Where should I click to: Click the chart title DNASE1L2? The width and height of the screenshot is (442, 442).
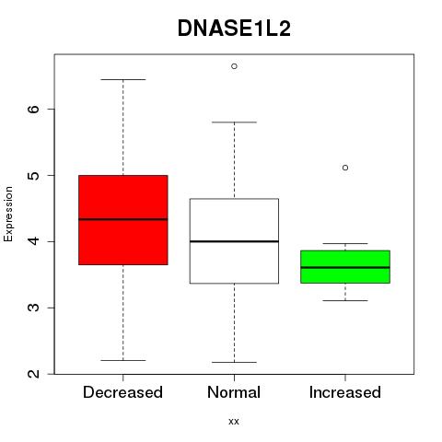click(x=234, y=29)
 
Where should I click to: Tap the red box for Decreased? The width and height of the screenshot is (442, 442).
click(x=123, y=220)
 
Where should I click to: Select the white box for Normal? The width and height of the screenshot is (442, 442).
click(x=234, y=241)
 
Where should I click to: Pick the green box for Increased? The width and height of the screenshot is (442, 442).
click(x=345, y=267)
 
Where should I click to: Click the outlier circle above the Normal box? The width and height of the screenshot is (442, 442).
click(x=234, y=66)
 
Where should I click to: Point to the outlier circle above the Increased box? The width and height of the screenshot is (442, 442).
click(x=345, y=168)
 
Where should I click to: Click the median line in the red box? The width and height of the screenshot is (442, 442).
click(x=123, y=219)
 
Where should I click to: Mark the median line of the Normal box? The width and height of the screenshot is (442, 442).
click(x=234, y=241)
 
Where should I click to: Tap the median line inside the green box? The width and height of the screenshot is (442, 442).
click(x=345, y=267)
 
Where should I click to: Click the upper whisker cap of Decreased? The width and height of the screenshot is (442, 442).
click(x=123, y=79)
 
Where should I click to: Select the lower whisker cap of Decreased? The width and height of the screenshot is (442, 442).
click(x=123, y=360)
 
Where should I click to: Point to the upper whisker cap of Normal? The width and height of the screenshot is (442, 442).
click(x=234, y=122)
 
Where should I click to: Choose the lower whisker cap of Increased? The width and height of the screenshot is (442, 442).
click(x=345, y=300)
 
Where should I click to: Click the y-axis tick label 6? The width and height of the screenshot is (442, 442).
click(x=34, y=109)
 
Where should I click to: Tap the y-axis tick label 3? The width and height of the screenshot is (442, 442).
click(x=34, y=308)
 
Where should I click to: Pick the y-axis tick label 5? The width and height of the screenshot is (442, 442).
click(x=34, y=175)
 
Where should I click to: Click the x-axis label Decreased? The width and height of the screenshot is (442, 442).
click(x=122, y=392)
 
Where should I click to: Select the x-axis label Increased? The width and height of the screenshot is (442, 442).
click(x=345, y=392)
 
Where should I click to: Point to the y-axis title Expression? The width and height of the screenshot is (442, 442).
click(x=8, y=214)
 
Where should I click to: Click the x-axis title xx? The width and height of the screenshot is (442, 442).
click(x=234, y=422)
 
